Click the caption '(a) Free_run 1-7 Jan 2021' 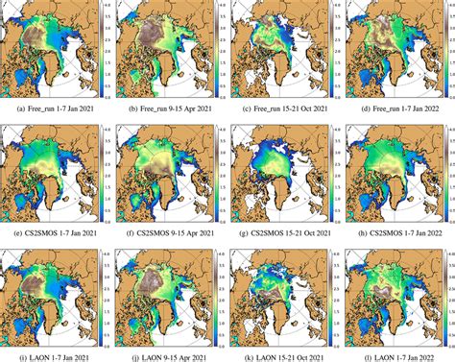(54, 109)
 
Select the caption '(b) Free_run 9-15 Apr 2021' (169, 109)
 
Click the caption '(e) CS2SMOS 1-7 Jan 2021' (54, 231)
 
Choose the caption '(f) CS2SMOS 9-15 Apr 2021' (169, 231)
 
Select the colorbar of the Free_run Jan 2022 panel (446, 49)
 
